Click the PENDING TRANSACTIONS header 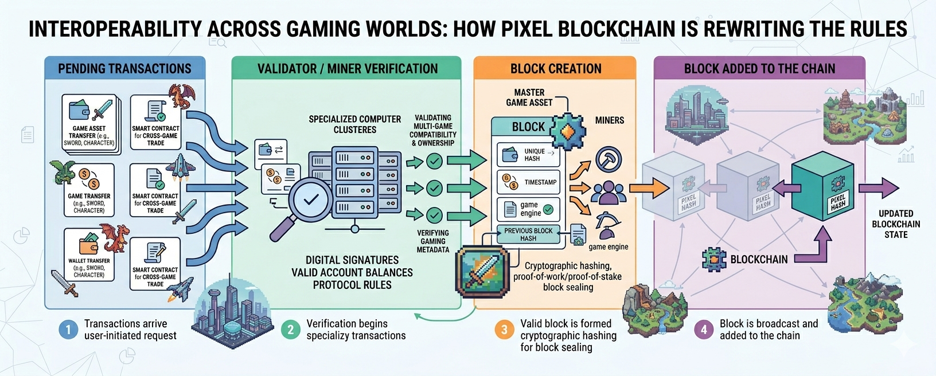tap(124, 69)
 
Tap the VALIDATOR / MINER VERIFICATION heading tap(347, 69)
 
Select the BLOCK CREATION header tap(556, 69)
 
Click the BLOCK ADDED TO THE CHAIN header tap(759, 69)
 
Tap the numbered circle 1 tap(68, 330)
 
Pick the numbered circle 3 tap(504, 330)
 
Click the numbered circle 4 tap(704, 330)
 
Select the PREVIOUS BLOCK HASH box tap(528, 234)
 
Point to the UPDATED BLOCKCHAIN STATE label tap(896, 224)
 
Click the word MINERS tap(609, 120)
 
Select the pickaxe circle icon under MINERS tap(609, 160)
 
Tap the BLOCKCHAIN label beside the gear tap(759, 260)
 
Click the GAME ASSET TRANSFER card tap(91, 124)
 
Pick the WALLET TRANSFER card tap(89, 254)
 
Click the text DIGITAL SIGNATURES tap(352, 260)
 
